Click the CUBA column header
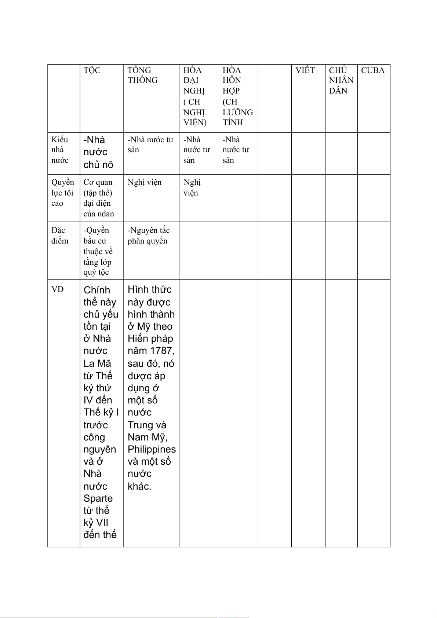(x=373, y=70)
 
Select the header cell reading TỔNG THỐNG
(x=142, y=75)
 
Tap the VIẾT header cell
(x=305, y=70)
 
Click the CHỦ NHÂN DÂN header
(x=341, y=80)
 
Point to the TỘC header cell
(x=92, y=70)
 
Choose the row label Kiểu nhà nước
(x=60, y=150)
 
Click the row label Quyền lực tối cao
(x=62, y=193)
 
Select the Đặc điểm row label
(x=60, y=235)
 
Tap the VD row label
(x=58, y=289)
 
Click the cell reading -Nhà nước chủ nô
(x=98, y=152)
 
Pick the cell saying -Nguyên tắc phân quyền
(x=148, y=235)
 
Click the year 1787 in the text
(x=161, y=351)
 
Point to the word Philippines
(x=152, y=449)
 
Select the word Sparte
(x=98, y=498)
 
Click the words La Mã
(x=97, y=363)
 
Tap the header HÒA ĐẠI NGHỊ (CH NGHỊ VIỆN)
(x=194, y=96)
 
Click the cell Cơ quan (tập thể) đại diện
(x=98, y=198)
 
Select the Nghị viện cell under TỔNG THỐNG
(x=145, y=182)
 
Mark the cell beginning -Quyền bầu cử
(x=98, y=251)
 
